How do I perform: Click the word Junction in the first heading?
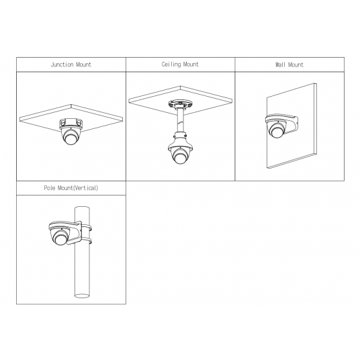click(62, 64)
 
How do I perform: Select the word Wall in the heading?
click(280, 64)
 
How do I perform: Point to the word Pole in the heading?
click(50, 188)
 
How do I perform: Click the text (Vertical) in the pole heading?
click(86, 188)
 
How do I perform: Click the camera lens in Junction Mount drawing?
click(71, 138)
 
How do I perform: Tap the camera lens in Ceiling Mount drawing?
click(179, 157)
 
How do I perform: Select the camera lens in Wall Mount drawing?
click(277, 132)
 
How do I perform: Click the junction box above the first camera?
click(71, 124)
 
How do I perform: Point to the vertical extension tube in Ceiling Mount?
click(180, 121)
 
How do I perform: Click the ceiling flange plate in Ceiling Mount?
click(180, 104)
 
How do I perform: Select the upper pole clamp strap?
click(87, 228)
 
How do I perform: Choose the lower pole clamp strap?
click(87, 241)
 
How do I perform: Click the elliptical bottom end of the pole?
click(82, 296)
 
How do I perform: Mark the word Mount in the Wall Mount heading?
click(296, 64)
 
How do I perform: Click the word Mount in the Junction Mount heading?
click(83, 64)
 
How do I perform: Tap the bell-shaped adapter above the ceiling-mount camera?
click(180, 142)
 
